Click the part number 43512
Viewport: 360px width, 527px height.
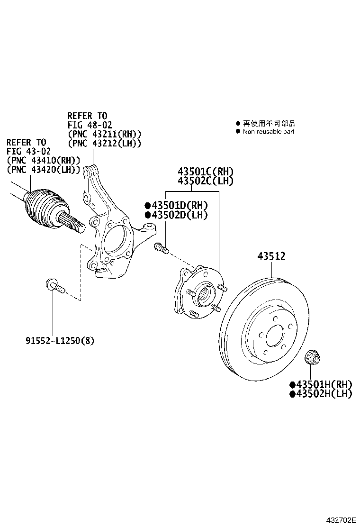(271, 256)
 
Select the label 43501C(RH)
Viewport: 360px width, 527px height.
(206, 172)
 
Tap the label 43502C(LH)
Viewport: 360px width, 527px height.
(206, 181)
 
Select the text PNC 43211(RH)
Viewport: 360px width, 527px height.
(105, 134)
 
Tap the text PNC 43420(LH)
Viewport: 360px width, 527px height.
(43, 169)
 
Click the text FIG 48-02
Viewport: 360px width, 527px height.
(90, 125)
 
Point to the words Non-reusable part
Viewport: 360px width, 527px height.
(269, 131)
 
